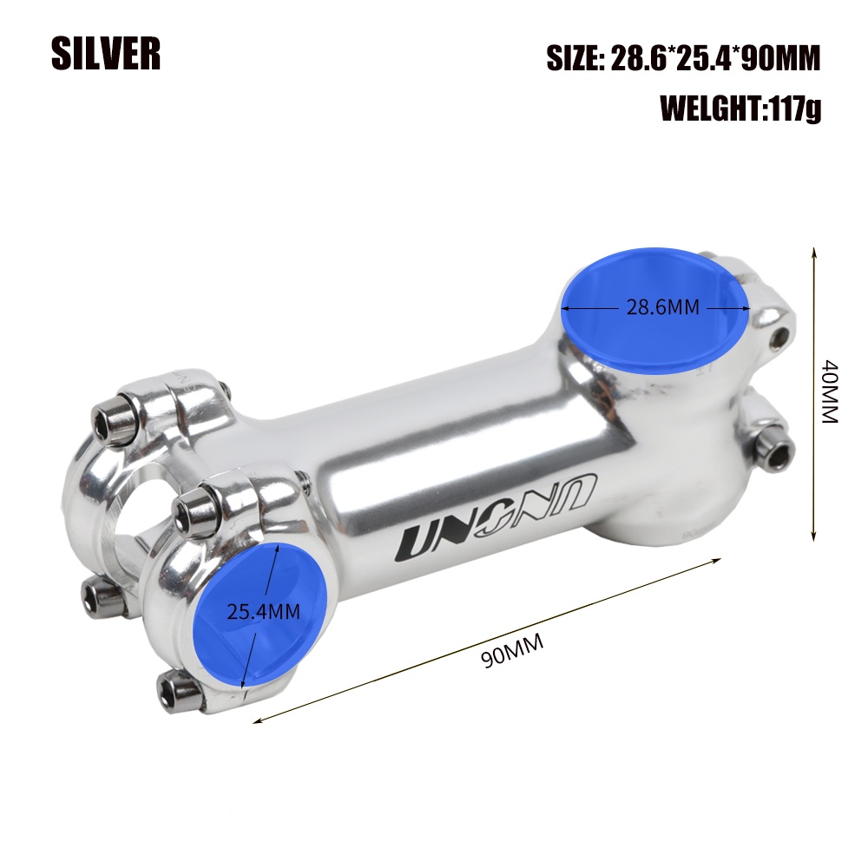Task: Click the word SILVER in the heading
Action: pos(106,54)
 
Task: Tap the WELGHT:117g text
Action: pos(740,108)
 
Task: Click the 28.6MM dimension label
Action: pos(662,306)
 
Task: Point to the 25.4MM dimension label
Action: pos(264,612)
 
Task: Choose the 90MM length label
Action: pos(512,651)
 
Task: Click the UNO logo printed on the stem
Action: pos(496,516)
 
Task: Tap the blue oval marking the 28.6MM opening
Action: pos(654,311)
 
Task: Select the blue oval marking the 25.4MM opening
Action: pos(260,614)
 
